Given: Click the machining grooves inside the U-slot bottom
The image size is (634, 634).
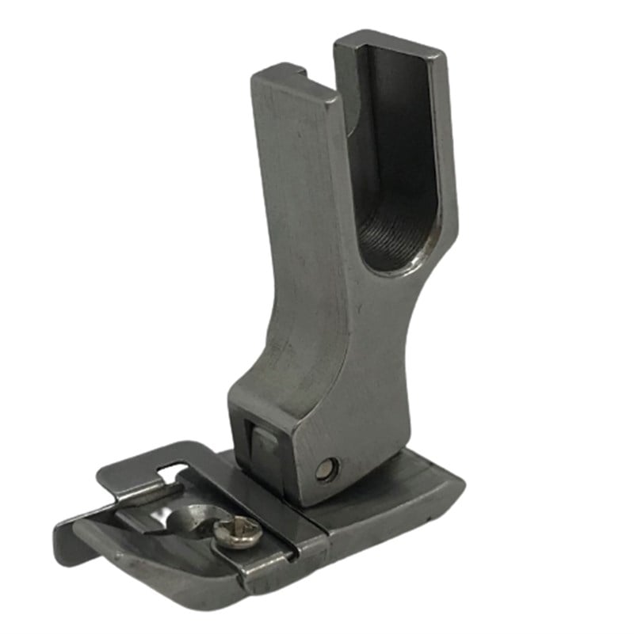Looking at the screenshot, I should click(390, 230).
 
